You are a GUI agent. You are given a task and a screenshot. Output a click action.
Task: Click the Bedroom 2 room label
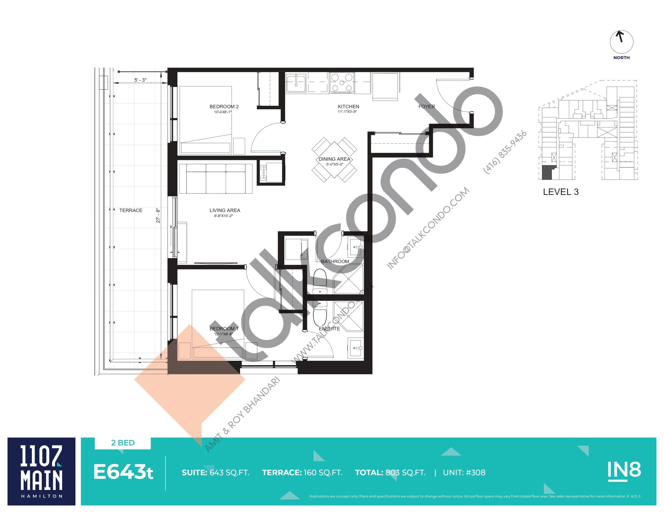point(224,106)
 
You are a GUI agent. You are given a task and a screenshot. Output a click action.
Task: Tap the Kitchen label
point(348,106)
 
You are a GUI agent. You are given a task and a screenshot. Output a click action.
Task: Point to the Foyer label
point(427,106)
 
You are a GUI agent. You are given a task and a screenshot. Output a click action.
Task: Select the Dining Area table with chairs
point(334,160)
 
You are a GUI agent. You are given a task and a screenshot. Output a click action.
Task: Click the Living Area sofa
point(216,178)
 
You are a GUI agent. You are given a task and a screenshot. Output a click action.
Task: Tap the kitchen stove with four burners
point(342,82)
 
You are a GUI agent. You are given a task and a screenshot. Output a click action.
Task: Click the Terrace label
point(131,210)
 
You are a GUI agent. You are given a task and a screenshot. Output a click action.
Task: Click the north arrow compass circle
point(621,42)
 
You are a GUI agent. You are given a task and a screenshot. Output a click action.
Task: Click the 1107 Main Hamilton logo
point(41,471)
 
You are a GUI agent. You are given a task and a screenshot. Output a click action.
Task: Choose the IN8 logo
point(624,471)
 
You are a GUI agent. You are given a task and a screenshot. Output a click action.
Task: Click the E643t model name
point(123,472)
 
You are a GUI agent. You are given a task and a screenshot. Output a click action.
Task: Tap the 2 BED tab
point(123,443)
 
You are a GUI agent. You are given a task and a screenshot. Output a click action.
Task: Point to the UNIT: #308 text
point(464,473)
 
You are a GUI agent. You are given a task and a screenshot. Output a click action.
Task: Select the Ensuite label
point(329,328)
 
